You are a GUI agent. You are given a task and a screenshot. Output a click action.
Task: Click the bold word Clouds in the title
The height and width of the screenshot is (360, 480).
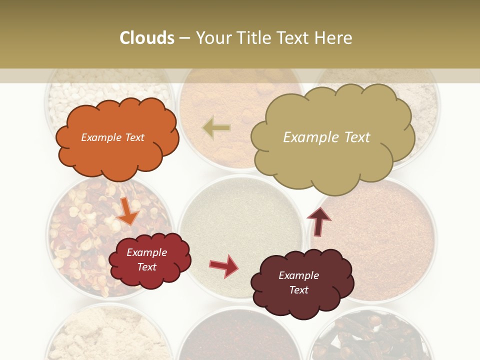click(147, 38)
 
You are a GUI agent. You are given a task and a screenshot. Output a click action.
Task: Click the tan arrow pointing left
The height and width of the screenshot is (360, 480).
click(216, 128)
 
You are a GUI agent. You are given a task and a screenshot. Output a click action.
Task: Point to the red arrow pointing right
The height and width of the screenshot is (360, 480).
click(224, 265)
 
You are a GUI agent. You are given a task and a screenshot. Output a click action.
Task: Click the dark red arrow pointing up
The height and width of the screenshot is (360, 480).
click(318, 221)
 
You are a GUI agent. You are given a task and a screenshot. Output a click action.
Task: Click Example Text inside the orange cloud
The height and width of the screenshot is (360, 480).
click(112, 137)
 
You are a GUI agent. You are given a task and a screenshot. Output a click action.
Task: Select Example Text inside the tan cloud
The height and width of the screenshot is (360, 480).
click(326, 137)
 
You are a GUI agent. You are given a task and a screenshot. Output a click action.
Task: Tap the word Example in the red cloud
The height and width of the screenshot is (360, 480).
click(146, 252)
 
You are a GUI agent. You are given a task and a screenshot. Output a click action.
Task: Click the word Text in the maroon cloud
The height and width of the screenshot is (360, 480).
click(299, 290)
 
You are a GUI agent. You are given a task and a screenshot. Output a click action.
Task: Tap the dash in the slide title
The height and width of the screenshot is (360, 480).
click(184, 38)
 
